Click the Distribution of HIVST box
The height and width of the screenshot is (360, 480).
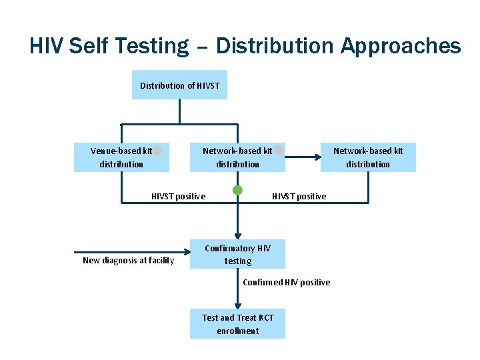(x=179, y=85)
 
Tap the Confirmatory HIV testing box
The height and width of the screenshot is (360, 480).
(x=237, y=254)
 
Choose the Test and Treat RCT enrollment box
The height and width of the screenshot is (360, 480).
(x=237, y=324)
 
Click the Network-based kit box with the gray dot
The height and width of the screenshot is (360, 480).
(x=237, y=157)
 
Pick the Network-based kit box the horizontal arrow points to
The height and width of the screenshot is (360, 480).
(x=368, y=157)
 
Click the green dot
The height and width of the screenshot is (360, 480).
(x=237, y=190)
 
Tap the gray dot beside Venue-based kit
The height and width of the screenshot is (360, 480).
(x=158, y=150)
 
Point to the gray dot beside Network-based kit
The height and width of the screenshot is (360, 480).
(x=279, y=150)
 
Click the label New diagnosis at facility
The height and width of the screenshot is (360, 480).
(x=128, y=260)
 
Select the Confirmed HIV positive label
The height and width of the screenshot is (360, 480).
(x=286, y=282)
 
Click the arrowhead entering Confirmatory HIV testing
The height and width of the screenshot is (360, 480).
(x=237, y=235)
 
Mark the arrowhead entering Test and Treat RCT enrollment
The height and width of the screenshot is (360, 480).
(x=237, y=305)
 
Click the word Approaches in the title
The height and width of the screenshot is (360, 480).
(x=401, y=46)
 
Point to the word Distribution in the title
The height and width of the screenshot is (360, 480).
(x=275, y=46)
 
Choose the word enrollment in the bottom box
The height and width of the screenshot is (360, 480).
(x=237, y=331)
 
